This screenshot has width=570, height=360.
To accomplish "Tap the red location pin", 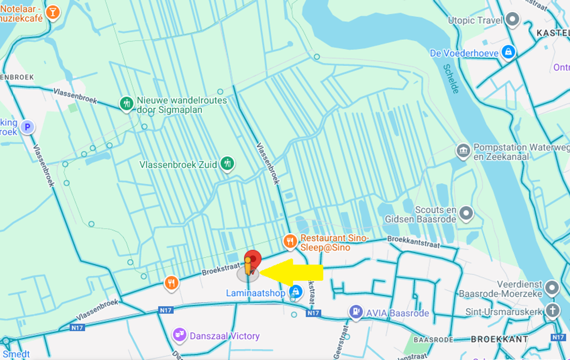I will click(x=253, y=260).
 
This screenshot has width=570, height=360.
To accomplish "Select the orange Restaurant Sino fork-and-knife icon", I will click(x=290, y=242).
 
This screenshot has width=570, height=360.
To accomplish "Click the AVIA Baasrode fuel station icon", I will click(x=355, y=311).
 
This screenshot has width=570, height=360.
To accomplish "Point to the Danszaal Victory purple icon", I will click(x=179, y=335).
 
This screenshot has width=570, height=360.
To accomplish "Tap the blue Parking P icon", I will click(x=28, y=127).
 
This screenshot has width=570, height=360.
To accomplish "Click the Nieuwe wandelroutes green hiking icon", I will click(x=127, y=103).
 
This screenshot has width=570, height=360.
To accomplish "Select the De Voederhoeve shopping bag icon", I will click(x=508, y=51).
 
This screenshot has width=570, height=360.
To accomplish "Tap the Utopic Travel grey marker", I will click(x=513, y=20).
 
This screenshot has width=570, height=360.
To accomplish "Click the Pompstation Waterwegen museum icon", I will click(x=463, y=151).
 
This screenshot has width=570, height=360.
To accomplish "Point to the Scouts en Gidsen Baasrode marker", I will click(x=466, y=214).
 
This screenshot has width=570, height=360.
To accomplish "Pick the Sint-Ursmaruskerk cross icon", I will click(x=552, y=311).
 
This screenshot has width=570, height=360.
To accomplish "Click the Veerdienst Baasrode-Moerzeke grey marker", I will click(x=552, y=287).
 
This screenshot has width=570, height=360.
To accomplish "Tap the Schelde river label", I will click(x=451, y=78).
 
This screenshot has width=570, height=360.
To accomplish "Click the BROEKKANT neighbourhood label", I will click(x=499, y=339).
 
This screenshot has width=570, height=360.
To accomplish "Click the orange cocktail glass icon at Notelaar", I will click(x=52, y=12).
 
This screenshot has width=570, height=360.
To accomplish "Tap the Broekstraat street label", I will click(x=221, y=269).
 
